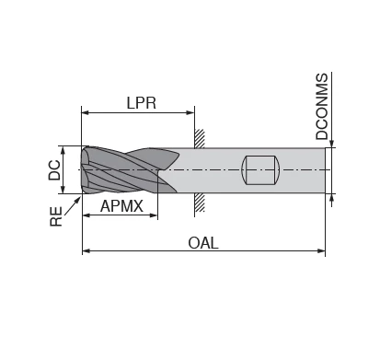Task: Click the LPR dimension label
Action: coord(141,103)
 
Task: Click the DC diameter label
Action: coord(55,169)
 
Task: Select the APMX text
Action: coord(121,206)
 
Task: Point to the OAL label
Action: coord(202,243)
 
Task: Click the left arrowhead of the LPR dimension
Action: coord(86,113)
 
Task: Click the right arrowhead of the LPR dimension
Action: coord(190,113)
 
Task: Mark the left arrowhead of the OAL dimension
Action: coord(86,250)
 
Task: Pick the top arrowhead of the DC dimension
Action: coord(63,149)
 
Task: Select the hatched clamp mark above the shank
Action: coord(199,137)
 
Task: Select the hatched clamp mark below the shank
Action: coord(199,203)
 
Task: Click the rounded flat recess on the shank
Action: coord(260,170)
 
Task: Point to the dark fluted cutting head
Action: coord(124,170)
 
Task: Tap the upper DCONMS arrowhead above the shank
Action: coord(333,143)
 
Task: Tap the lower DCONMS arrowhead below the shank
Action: coord(333,198)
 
